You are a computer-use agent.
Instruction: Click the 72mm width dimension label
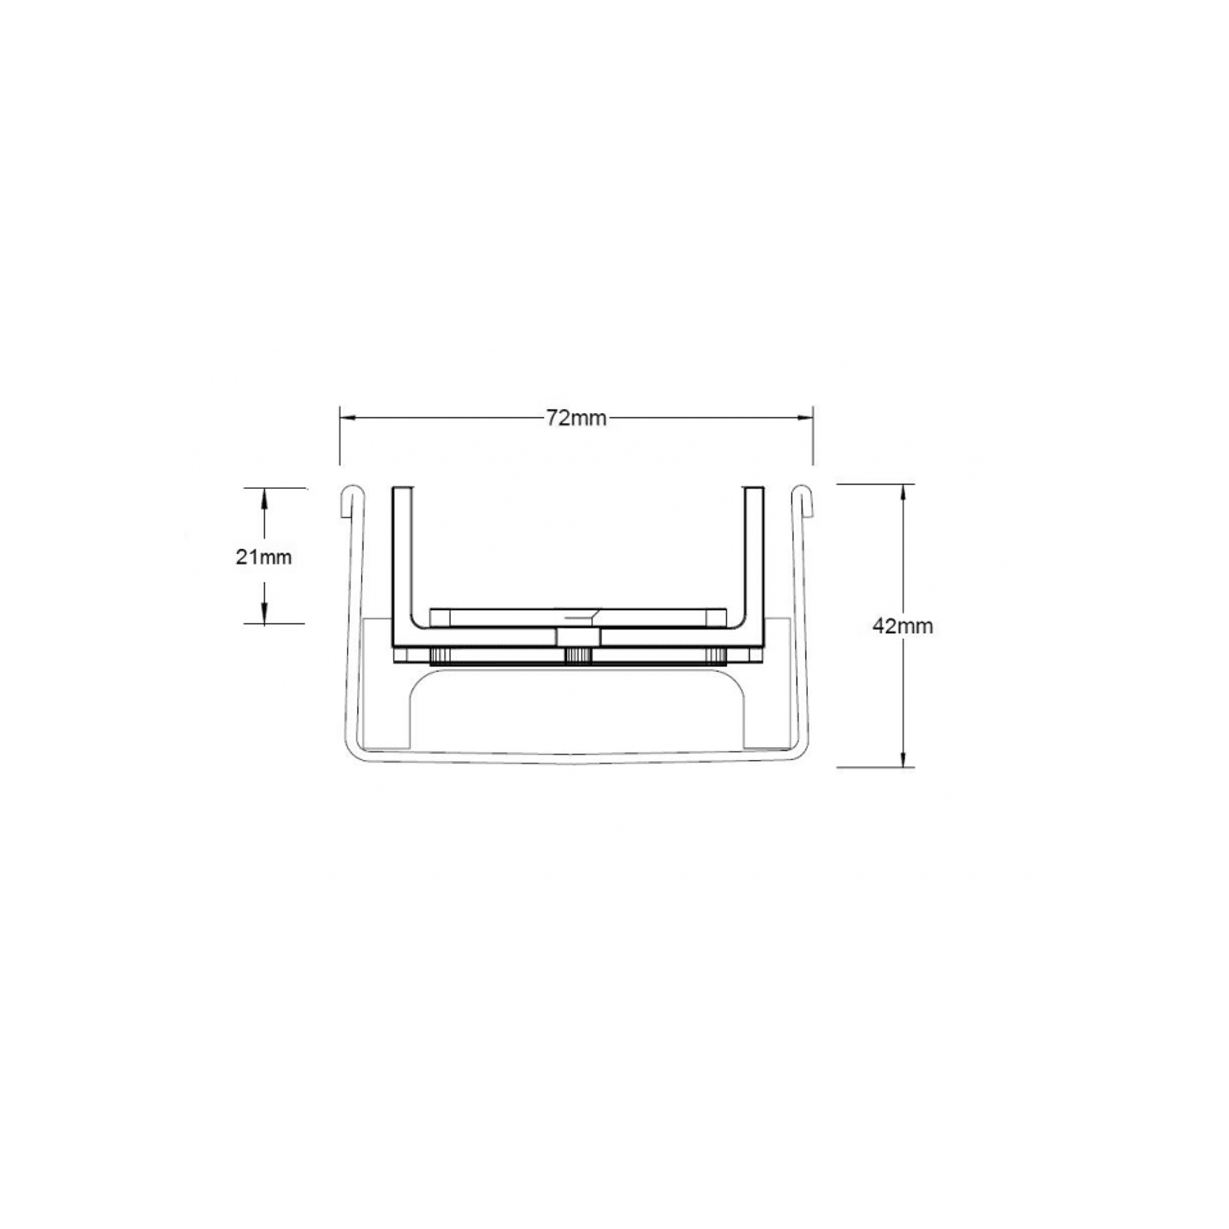click(x=576, y=418)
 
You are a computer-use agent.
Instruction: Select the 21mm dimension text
click(x=263, y=557)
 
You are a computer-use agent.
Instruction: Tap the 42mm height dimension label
click(x=903, y=626)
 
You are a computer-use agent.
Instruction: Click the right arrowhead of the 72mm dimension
click(x=805, y=418)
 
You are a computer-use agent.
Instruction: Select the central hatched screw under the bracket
click(x=579, y=657)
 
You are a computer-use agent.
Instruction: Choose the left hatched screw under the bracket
click(x=441, y=657)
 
